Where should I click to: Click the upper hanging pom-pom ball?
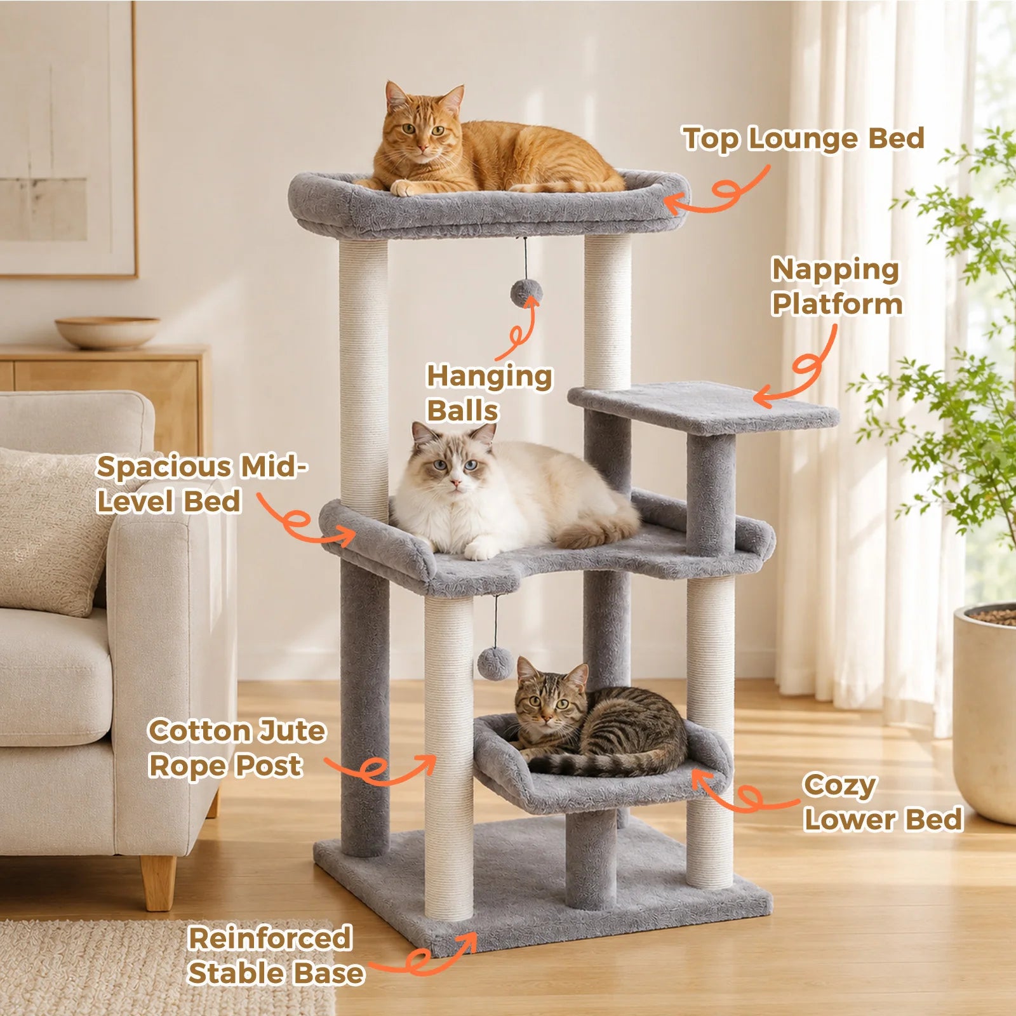526,293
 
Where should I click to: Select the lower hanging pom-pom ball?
495,664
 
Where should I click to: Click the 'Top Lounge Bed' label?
803,139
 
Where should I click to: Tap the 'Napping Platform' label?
836,286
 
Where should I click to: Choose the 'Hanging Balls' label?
489,393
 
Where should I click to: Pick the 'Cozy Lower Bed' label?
883,802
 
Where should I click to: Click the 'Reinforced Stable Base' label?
276,956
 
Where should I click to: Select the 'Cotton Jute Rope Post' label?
236,748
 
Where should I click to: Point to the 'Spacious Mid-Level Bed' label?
201,484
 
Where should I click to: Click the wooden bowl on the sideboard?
107,332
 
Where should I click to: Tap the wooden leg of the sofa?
158,881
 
